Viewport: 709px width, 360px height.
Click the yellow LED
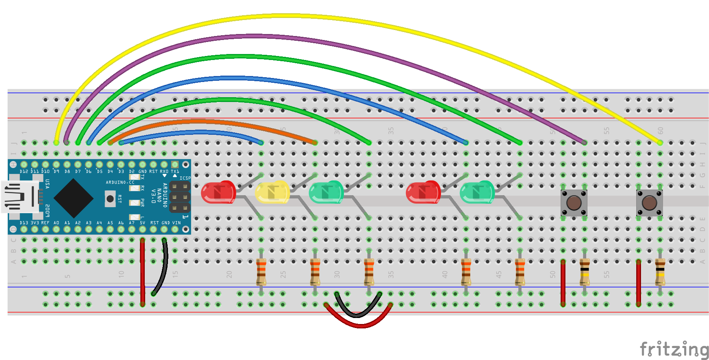[272, 192]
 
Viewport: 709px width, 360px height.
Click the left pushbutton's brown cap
[574, 203]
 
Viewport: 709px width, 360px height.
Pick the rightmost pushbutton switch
[649, 203]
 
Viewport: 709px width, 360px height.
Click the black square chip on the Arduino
[73, 198]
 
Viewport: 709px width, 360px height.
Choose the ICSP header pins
[180, 197]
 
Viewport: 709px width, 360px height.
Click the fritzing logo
[674, 349]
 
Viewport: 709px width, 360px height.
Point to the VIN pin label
[176, 223]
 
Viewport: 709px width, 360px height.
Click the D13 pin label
[24, 223]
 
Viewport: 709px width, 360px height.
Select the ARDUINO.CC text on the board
[120, 182]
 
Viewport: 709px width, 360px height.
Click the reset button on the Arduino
[110, 198]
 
